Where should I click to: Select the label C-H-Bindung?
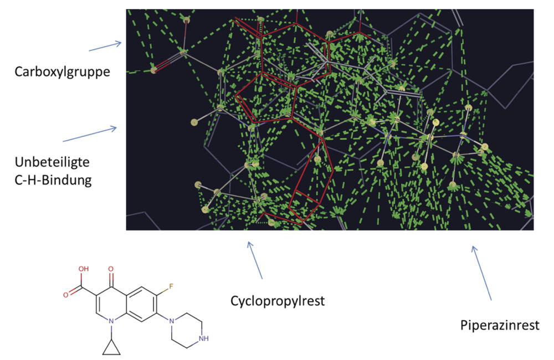pos(53,180)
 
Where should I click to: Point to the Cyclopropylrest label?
pos(277,301)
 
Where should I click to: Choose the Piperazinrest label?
pos(500,325)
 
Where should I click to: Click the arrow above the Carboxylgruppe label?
pos(105,47)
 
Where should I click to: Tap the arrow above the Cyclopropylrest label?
pos(255,260)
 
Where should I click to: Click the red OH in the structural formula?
pos(83,270)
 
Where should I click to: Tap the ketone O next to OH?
pos(111,272)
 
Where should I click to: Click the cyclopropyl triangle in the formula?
pos(111,346)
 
